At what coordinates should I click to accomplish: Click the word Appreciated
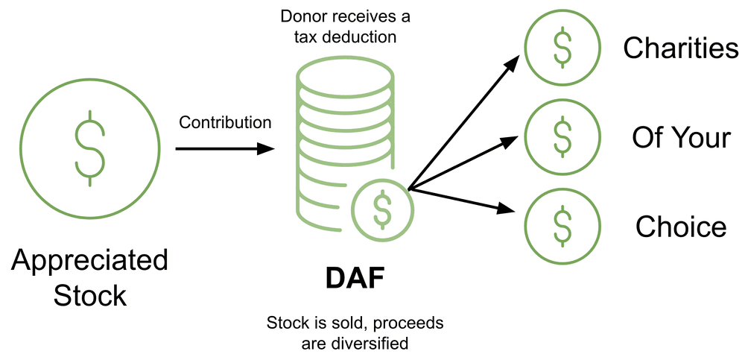coord(89,262)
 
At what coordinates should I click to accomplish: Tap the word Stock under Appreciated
coord(89,295)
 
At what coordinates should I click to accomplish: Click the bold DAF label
coord(355,279)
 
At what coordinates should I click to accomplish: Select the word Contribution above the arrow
coord(225,122)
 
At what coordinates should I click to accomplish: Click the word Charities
coord(681,48)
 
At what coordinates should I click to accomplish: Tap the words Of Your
coord(681,137)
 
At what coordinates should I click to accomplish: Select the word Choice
coord(681,227)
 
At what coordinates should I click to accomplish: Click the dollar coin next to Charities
coord(561,48)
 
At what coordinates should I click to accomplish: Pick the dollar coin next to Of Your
coord(561,137)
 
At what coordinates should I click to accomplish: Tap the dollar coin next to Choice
coord(561,227)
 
